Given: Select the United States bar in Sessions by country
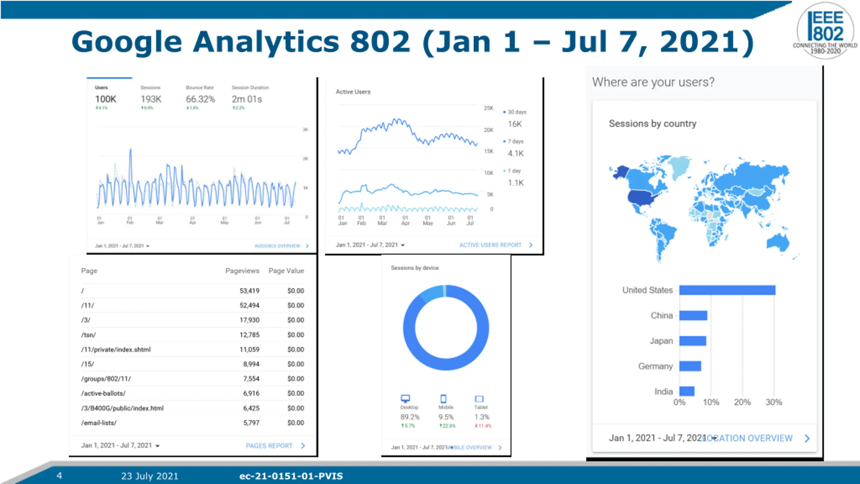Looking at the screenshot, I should point(727,290).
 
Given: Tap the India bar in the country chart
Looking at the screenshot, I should point(687,391).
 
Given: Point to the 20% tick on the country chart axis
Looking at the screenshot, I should point(742,402).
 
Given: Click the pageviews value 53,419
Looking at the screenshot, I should point(249,291).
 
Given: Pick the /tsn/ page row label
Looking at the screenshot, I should point(88,335).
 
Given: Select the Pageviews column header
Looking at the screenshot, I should point(242,271).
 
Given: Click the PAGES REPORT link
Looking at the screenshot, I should point(269,446).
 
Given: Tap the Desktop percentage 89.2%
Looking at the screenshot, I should point(410,417).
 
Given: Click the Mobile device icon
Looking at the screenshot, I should point(443,399).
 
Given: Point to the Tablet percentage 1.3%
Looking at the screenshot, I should point(482,417).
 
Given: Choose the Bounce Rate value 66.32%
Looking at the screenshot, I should point(200,99).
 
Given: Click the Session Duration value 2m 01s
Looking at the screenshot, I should point(247,99).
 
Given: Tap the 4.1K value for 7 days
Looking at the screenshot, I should point(515,154).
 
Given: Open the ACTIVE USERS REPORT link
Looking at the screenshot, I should point(490,245).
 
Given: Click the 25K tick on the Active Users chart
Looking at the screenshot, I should point(488,108).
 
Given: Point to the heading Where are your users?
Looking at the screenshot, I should point(653,82).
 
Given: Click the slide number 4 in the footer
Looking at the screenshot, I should point(59,476).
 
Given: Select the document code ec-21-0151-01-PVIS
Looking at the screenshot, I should point(291,476).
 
